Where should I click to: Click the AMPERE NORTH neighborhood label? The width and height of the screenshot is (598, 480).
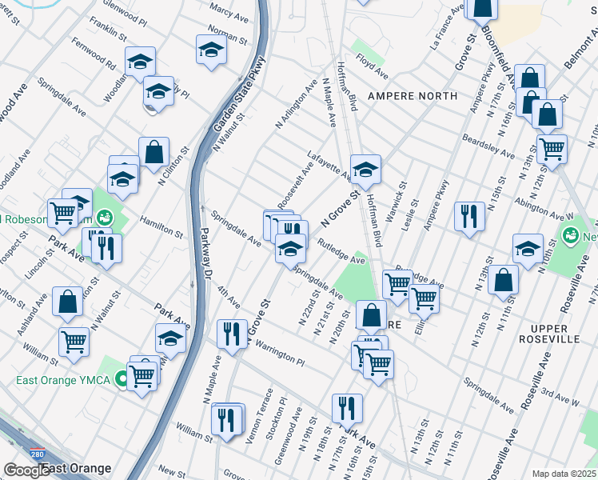coord(413,96)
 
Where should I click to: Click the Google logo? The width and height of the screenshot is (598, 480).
coord(26,470)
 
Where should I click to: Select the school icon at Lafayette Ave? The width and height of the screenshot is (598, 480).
coord(365,170)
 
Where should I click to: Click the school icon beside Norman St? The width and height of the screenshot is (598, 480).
coord(210,50)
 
